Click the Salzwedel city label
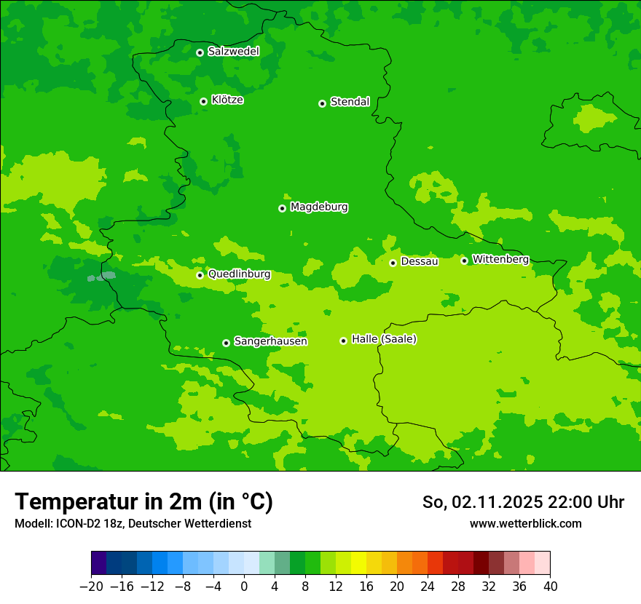pyautogui.click(x=233, y=52)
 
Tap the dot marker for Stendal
pyautogui.click(x=322, y=103)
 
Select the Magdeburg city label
pyautogui.click(x=319, y=207)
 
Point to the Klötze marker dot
pyautogui.click(x=203, y=101)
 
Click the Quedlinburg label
pyautogui.click(x=239, y=274)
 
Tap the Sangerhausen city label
pyautogui.click(x=270, y=341)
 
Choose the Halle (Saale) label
pyautogui.click(x=384, y=339)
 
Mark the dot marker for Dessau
pyautogui.click(x=393, y=263)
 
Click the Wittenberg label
pyautogui.click(x=500, y=259)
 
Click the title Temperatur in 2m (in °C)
pyautogui.click(x=143, y=501)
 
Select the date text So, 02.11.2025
pyautogui.click(x=481, y=502)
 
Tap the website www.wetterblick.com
pyautogui.click(x=525, y=523)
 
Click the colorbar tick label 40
pyautogui.click(x=550, y=587)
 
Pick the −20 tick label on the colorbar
pyautogui.click(x=91, y=587)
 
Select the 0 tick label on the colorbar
pyautogui.click(x=244, y=587)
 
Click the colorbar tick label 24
pyautogui.click(x=428, y=587)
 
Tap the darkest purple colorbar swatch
pyautogui.click(x=99, y=563)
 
